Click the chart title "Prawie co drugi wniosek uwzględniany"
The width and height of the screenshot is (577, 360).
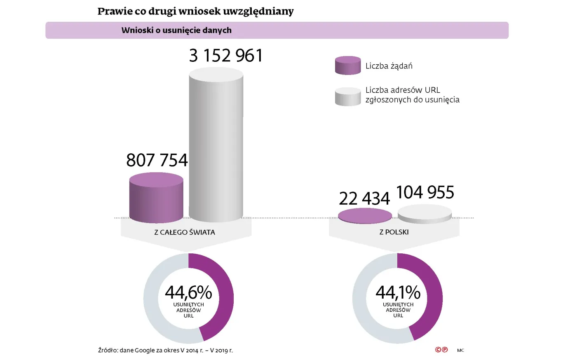195,11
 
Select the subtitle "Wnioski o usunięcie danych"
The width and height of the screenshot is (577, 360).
176,30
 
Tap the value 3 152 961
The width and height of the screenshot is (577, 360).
226,56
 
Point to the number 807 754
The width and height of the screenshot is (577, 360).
157,160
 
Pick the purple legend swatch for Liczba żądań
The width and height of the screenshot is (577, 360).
348,65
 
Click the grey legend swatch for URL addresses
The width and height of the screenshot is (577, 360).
348,96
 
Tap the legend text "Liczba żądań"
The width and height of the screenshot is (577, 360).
389,66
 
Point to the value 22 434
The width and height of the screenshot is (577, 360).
364,199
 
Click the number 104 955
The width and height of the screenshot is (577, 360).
425,192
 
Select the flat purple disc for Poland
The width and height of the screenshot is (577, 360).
365,216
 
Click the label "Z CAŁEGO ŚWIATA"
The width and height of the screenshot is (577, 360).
185,232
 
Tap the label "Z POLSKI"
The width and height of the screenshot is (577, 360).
394,232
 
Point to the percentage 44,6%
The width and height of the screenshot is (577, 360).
188,292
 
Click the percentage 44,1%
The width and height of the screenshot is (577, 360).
398,292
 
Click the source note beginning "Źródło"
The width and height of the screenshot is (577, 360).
165,351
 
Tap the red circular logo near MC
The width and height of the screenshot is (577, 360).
441,350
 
